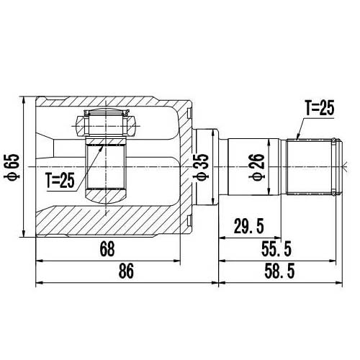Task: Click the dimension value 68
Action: (107, 250)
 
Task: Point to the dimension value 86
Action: (126, 272)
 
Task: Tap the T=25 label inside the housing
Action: (60, 180)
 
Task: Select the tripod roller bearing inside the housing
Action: (107, 124)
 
